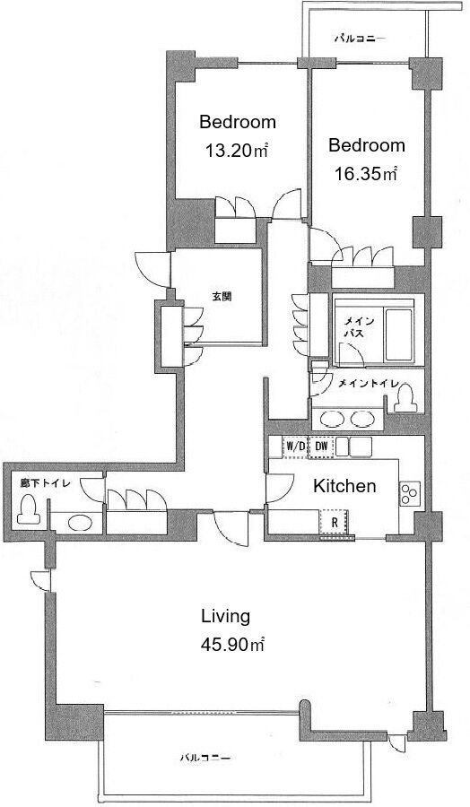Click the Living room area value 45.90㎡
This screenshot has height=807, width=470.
coord(232,644)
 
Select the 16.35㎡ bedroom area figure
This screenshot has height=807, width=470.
coord(365,174)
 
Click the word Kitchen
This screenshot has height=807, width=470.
coord(344,486)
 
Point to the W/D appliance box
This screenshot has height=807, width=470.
coord(295,447)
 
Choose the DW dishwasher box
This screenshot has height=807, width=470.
coord(321,447)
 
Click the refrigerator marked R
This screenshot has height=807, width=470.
coord(334,522)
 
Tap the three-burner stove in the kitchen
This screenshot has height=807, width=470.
coord(410,493)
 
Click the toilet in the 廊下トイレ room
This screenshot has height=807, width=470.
coord(29,509)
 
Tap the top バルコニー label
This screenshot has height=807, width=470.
coord(359,39)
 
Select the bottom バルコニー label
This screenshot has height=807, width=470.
coord(205,758)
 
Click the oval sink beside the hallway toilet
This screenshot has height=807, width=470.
coord(81,523)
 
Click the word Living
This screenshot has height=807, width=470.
coord(225,616)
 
